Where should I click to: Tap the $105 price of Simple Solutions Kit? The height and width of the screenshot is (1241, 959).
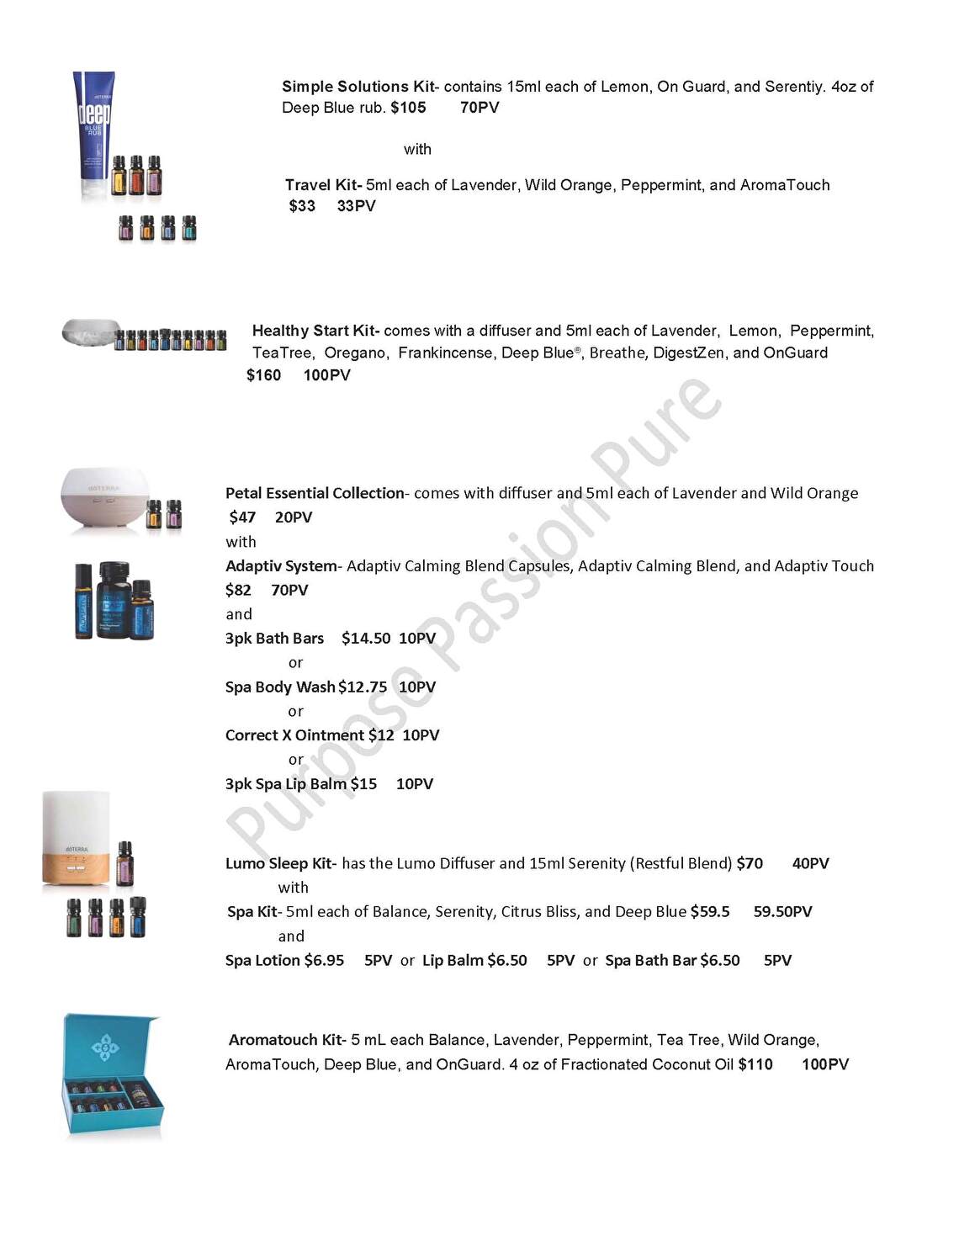(x=408, y=108)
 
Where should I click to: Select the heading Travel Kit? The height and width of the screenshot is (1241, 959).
(x=322, y=185)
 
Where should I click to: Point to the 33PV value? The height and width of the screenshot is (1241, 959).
(x=356, y=206)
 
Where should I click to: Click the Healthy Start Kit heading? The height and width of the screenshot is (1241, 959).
(x=315, y=331)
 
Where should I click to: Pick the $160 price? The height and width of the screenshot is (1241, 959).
(x=263, y=375)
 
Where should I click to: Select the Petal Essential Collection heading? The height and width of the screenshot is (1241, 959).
(x=315, y=493)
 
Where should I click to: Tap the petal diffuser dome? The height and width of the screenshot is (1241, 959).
(x=104, y=498)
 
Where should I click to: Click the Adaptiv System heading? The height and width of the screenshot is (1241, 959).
(x=281, y=566)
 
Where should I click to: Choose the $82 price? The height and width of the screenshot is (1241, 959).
(x=238, y=591)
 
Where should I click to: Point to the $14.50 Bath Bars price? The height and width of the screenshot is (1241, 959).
(x=366, y=639)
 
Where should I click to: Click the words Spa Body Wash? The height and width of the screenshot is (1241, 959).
(x=280, y=687)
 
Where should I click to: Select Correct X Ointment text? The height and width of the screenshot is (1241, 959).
(x=294, y=735)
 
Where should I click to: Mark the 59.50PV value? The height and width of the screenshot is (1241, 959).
(x=782, y=912)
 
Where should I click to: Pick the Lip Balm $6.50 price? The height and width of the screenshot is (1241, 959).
(x=507, y=961)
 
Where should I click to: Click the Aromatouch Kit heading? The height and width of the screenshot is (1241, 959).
(x=285, y=1040)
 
